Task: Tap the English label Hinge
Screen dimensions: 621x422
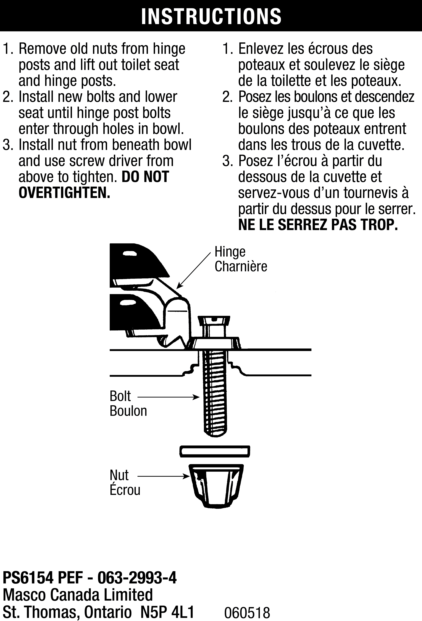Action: pyautogui.click(x=230, y=252)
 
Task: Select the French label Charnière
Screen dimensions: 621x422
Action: pyautogui.click(x=241, y=266)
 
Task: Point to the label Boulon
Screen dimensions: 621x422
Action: pyautogui.click(x=128, y=411)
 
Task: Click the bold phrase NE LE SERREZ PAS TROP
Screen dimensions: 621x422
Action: pyautogui.click(x=318, y=225)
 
